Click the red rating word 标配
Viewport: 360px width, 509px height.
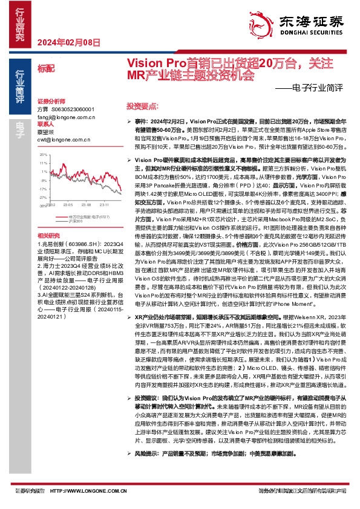click(x=44, y=68)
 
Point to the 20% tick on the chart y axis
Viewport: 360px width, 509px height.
click(x=44, y=154)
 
